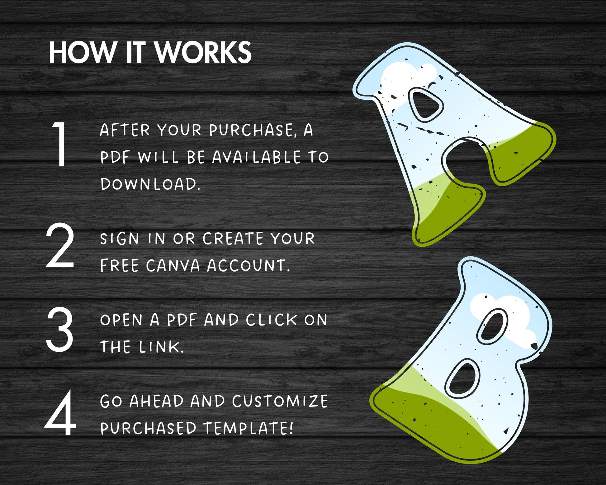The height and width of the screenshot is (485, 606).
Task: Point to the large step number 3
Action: coord(60,329)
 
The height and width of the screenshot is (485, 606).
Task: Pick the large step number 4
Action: coord(60,413)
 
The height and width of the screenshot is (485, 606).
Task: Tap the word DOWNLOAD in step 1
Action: coord(150,184)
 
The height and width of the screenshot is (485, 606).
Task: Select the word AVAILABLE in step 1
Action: coord(256,157)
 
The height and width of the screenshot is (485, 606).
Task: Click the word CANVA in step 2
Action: coord(173,266)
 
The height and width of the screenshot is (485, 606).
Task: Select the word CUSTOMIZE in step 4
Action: coord(280,401)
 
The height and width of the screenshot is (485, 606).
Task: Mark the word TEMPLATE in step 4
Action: coord(249,428)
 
